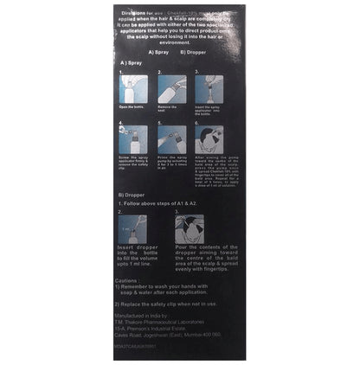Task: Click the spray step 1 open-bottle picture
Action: coord(133,89)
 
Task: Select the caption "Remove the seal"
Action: coord(172,107)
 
